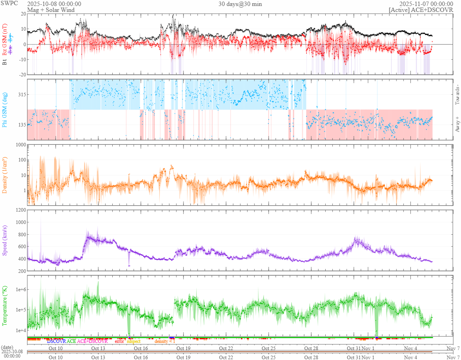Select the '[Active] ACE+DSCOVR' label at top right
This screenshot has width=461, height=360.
click(421, 10)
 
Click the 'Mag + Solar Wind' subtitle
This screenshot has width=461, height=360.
click(49, 10)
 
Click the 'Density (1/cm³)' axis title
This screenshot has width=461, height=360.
click(5, 175)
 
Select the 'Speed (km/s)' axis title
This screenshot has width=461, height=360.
click(5, 240)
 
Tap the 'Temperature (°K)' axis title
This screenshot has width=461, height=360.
click(5, 306)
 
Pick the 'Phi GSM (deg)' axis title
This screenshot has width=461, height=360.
click(5, 109)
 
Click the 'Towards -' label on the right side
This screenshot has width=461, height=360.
click(457, 95)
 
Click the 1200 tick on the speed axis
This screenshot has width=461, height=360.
click(20, 210)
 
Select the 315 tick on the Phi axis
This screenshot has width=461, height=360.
click(21, 94)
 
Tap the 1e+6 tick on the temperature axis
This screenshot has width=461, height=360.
click(19, 289)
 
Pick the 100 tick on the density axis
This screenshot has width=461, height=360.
click(21, 160)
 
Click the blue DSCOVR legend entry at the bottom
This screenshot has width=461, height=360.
click(56, 341)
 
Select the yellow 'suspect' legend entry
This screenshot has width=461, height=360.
click(133, 341)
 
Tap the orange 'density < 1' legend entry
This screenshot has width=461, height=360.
click(165, 341)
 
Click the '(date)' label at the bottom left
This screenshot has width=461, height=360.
click(8, 347)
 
